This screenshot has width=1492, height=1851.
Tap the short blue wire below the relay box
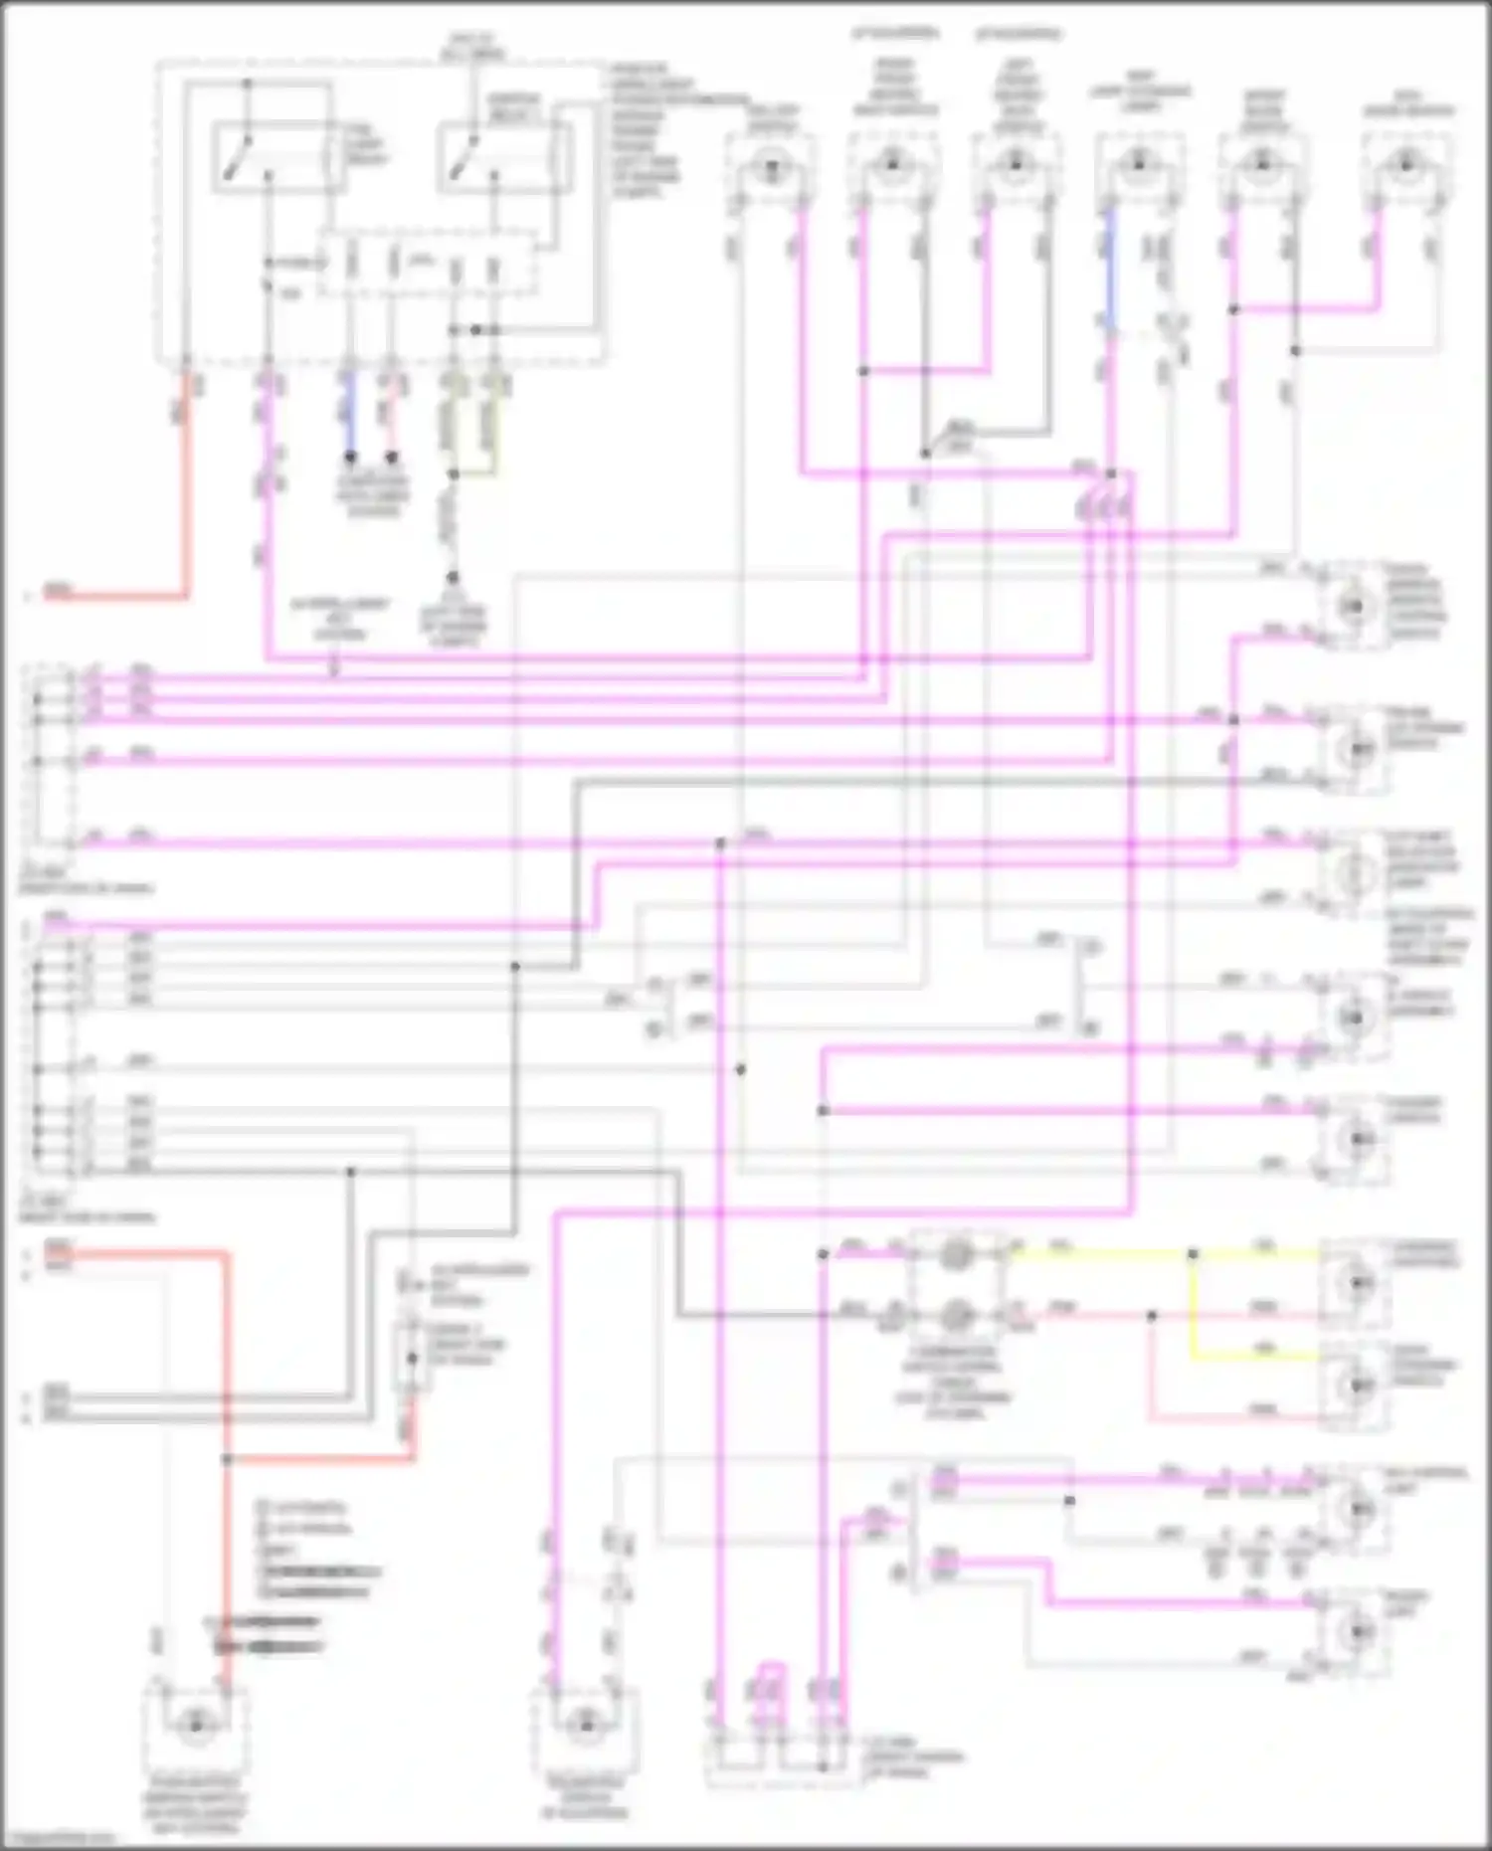(x=350, y=418)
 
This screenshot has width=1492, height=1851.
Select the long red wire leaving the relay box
(x=186, y=497)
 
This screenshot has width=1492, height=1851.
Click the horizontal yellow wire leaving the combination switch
(x=1094, y=1253)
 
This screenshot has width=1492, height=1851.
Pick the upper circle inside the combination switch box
(x=956, y=1254)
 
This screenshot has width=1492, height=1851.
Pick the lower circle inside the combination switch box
(x=956, y=1316)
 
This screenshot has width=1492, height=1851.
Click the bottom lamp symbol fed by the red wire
(x=196, y=1726)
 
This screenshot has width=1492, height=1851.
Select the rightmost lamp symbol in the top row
(x=1404, y=164)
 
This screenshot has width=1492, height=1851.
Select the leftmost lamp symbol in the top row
(x=768, y=166)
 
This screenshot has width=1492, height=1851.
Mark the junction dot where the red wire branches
(x=227, y=1459)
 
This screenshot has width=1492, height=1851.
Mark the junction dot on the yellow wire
(x=1193, y=1254)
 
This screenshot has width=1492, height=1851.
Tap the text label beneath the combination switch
(x=955, y=1383)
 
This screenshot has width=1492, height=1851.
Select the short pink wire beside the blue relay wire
(x=392, y=418)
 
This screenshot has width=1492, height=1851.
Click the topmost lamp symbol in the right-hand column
(x=1352, y=606)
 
